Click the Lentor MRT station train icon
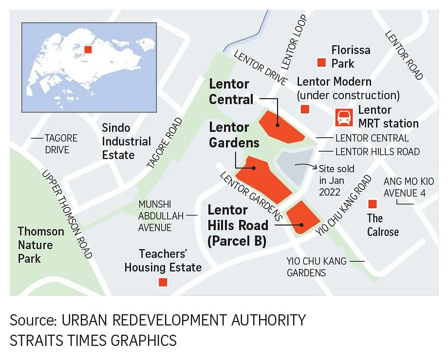click(344, 117)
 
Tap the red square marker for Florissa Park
click(321, 62)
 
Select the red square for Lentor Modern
click(305, 109)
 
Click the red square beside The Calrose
click(373, 203)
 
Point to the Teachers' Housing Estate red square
click(163, 282)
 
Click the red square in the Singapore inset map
click(88, 50)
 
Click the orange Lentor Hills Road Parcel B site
click(303, 217)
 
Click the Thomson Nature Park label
click(41, 244)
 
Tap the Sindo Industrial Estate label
click(126, 142)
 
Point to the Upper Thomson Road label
click(67, 214)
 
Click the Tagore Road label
click(164, 143)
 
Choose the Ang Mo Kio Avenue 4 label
click(408, 187)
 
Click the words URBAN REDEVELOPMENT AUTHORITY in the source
click(184, 321)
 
